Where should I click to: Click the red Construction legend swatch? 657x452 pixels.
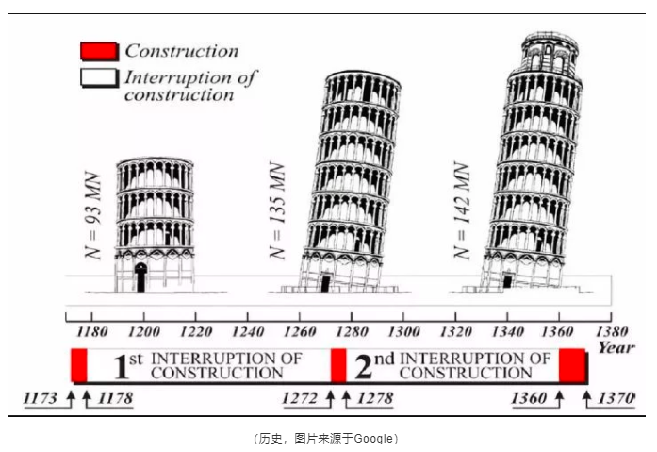pyautogui.click(x=99, y=51)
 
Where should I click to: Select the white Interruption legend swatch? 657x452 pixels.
pyautogui.click(x=99, y=78)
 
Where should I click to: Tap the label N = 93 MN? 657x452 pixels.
pyautogui.click(x=93, y=215)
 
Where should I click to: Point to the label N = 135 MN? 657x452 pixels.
pyautogui.click(x=277, y=210)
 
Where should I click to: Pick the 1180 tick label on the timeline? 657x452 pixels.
pyautogui.click(x=91, y=332)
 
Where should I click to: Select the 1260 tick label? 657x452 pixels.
pyautogui.click(x=300, y=332)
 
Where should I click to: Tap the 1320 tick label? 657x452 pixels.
pyautogui.click(x=455, y=332)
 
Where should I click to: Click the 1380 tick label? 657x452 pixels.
pyautogui.click(x=612, y=332)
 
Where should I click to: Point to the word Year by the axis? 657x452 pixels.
pyautogui.click(x=616, y=347)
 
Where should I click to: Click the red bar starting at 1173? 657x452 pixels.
pyautogui.click(x=79, y=365)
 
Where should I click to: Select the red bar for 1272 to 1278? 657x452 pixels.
pyautogui.click(x=338, y=365)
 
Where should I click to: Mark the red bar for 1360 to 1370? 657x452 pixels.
pyautogui.click(x=572, y=366)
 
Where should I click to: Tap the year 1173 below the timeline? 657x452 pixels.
pyautogui.click(x=40, y=397)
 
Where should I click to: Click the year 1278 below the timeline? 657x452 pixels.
pyautogui.click(x=375, y=397)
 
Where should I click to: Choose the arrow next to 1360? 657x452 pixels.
pyautogui.click(x=559, y=399)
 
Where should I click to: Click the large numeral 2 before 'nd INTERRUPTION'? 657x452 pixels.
pyautogui.click(x=363, y=366)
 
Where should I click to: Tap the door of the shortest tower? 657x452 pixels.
pyautogui.click(x=140, y=277)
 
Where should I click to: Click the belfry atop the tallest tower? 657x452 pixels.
pyautogui.click(x=550, y=54)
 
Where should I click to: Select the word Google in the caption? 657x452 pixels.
pyautogui.click(x=373, y=439)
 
